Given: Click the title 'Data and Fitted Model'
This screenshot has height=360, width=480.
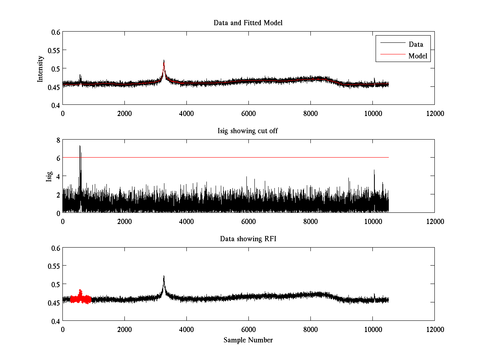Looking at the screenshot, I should point(248,23).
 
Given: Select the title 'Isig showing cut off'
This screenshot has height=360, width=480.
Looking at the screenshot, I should point(248,131).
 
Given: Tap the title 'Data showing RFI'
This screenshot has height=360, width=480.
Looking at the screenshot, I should point(248,239).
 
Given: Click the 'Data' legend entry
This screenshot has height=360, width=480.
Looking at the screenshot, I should point(416,44).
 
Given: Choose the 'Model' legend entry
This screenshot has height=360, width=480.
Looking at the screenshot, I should point(418,56).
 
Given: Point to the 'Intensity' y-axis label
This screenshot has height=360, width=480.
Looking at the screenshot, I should point(40,68).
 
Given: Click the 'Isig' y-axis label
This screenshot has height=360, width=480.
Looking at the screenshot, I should point(49,176).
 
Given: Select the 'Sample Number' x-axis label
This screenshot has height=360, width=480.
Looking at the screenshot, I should point(248,340).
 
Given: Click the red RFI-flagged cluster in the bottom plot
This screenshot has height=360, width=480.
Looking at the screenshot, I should point(80,298).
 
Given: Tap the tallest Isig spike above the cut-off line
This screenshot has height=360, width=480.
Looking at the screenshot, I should point(80,147).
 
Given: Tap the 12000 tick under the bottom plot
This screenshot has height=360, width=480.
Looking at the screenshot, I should point(434,329).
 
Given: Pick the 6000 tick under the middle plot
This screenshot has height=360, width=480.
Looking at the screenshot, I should point(248,221).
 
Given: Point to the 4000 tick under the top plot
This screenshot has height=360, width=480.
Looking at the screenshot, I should point(186,113).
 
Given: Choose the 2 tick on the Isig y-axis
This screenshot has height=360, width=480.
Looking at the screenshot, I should point(58,195).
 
